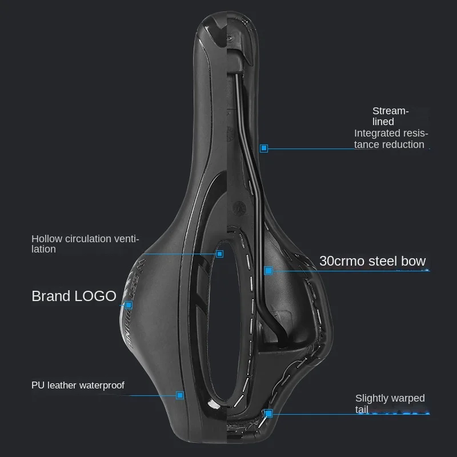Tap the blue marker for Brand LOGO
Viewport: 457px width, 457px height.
tap(129, 305)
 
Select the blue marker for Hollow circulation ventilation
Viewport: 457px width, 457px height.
tap(219, 253)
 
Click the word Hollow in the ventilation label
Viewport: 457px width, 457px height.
tap(45, 239)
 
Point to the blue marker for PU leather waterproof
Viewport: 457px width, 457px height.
tap(180, 395)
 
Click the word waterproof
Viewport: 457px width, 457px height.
tap(102, 385)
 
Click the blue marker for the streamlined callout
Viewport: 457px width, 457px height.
tap(264, 149)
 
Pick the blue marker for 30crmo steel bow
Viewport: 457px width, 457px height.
tap(268, 270)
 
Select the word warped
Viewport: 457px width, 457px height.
tap(409, 398)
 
